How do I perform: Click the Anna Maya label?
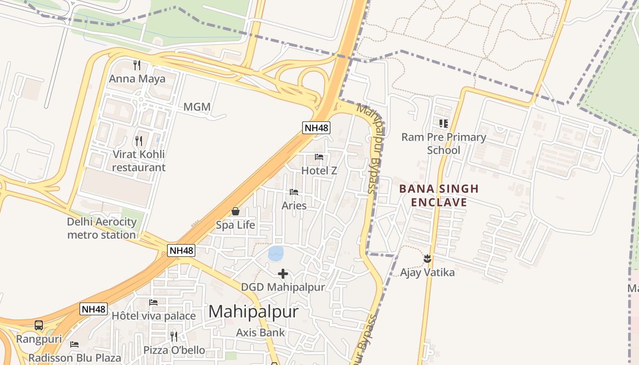(x=137, y=79)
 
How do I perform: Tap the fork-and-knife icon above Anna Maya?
(x=136, y=65)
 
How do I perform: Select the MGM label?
(x=197, y=107)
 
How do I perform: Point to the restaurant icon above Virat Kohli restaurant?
(x=139, y=141)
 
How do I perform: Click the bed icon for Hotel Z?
(x=319, y=157)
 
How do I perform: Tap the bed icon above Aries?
(x=294, y=192)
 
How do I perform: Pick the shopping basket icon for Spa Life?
(x=236, y=211)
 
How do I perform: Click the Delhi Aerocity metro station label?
(x=102, y=229)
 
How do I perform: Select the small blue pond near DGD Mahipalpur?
(x=276, y=253)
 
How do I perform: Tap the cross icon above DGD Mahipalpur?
(x=283, y=274)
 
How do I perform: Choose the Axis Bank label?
(x=260, y=333)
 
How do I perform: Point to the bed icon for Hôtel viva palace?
(x=153, y=302)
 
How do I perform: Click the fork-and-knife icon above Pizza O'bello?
(x=174, y=337)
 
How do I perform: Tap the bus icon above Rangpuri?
(x=39, y=325)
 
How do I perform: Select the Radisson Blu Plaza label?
(x=75, y=358)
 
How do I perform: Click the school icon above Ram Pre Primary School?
(x=443, y=123)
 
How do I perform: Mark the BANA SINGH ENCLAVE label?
(x=439, y=195)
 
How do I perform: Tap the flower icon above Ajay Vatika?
(x=427, y=259)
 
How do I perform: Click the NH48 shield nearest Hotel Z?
(x=316, y=128)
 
